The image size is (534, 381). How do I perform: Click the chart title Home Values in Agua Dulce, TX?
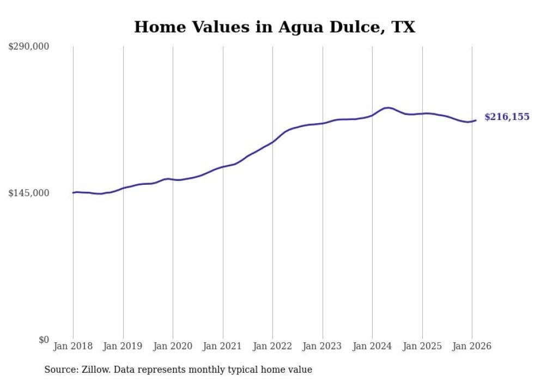coord(275,27)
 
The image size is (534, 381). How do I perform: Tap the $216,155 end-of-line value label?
coord(507,117)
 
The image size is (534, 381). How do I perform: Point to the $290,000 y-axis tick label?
coord(29,47)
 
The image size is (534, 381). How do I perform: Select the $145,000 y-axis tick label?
coord(29,193)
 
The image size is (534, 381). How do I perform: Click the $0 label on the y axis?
coord(44,340)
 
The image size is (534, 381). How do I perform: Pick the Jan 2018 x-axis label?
coord(73,347)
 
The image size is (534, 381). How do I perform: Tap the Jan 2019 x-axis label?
coord(123,347)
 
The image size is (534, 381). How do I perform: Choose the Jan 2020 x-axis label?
coord(173,347)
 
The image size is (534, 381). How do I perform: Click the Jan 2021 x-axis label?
coord(223,347)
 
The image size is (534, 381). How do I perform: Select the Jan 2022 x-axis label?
coord(272,347)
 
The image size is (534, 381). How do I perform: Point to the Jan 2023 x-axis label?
coord(323,347)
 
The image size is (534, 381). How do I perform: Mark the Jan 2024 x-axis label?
coord(372,347)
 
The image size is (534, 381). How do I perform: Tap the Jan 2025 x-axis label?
coord(422,347)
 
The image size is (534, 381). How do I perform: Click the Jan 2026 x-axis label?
coord(472,347)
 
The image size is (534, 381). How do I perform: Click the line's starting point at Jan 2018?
coord(73,192)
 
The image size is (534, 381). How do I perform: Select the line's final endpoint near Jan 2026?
coord(476,120)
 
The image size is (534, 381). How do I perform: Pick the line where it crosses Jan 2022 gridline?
coord(272,142)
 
